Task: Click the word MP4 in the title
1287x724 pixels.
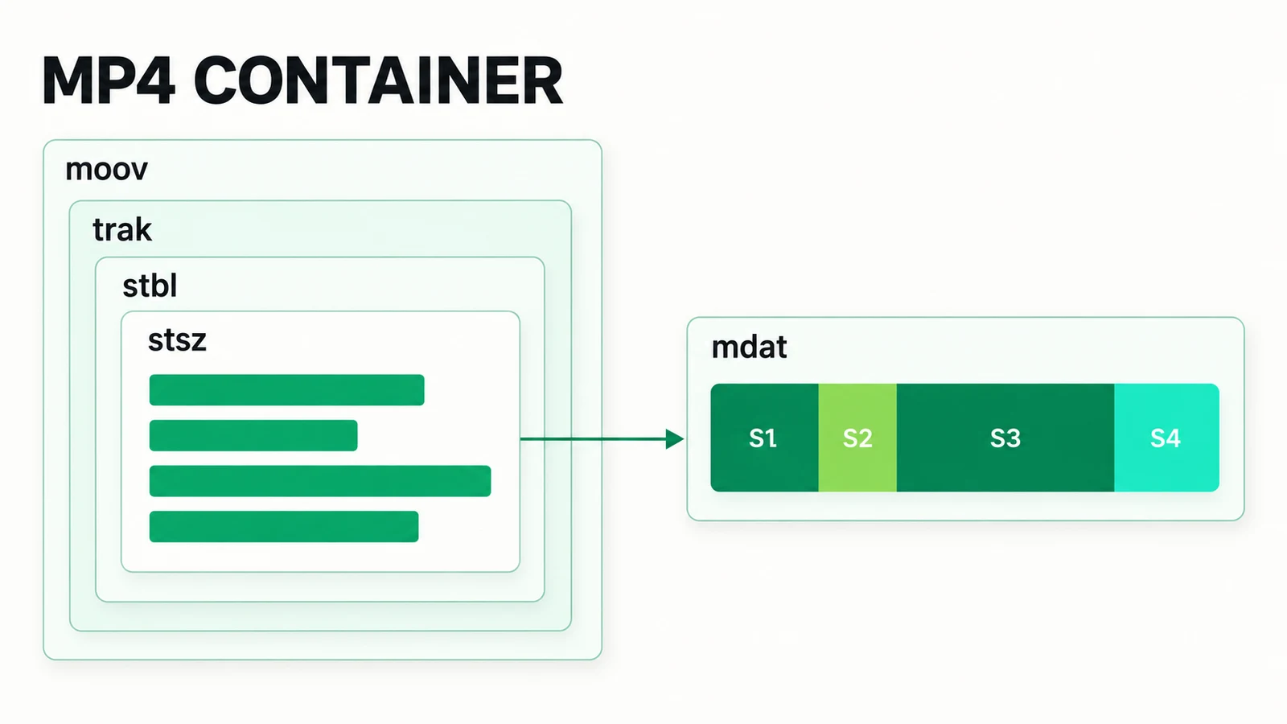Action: [x=109, y=80]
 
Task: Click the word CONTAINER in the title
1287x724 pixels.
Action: [x=378, y=80]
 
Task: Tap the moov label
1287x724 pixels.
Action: [x=106, y=170]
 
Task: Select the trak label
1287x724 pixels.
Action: [x=121, y=230]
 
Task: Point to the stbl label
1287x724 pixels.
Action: [x=150, y=286]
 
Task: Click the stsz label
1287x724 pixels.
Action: [x=177, y=340]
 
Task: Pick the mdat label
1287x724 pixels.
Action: [x=749, y=347]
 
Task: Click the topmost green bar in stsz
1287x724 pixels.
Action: [x=286, y=389]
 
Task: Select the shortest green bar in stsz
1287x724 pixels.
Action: [x=253, y=435]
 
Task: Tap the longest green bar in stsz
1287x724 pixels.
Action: [x=320, y=481]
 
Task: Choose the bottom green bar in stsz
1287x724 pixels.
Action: [x=284, y=526]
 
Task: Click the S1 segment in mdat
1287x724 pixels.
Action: [x=764, y=438]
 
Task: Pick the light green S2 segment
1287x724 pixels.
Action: [x=857, y=438]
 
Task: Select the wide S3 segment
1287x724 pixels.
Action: [x=1005, y=438]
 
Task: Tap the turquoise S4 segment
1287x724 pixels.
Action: [x=1167, y=438]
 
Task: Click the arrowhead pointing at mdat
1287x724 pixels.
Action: [x=675, y=439]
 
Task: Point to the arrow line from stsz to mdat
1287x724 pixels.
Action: [x=602, y=439]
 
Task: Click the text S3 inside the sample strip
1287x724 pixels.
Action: [x=1005, y=438]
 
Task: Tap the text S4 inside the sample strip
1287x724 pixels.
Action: [x=1166, y=438]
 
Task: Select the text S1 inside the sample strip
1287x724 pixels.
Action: [x=763, y=438]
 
